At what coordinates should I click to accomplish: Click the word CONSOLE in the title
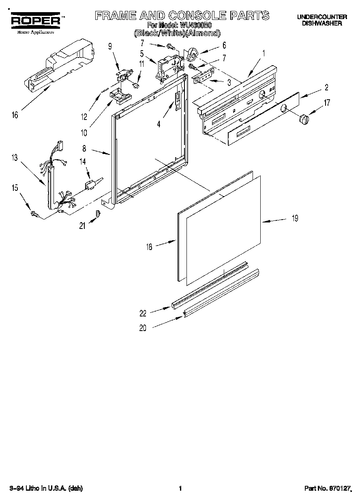pyautogui.click(x=192, y=15)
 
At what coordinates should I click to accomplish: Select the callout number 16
pyautogui.click(x=15, y=115)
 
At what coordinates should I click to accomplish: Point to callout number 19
pyautogui.click(x=295, y=218)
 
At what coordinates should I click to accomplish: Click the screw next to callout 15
pyautogui.click(x=35, y=213)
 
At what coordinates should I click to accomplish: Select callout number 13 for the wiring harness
pyautogui.click(x=15, y=158)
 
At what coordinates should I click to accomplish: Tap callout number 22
pyautogui.click(x=143, y=313)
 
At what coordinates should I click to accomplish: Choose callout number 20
pyautogui.click(x=143, y=329)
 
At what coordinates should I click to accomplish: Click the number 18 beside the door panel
pyautogui.click(x=149, y=246)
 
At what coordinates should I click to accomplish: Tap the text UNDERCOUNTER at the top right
pyautogui.click(x=322, y=17)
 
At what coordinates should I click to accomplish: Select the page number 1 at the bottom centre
pyautogui.click(x=180, y=489)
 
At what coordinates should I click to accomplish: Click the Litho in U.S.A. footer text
pyautogui.click(x=46, y=489)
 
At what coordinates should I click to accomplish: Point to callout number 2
pyautogui.click(x=326, y=87)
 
